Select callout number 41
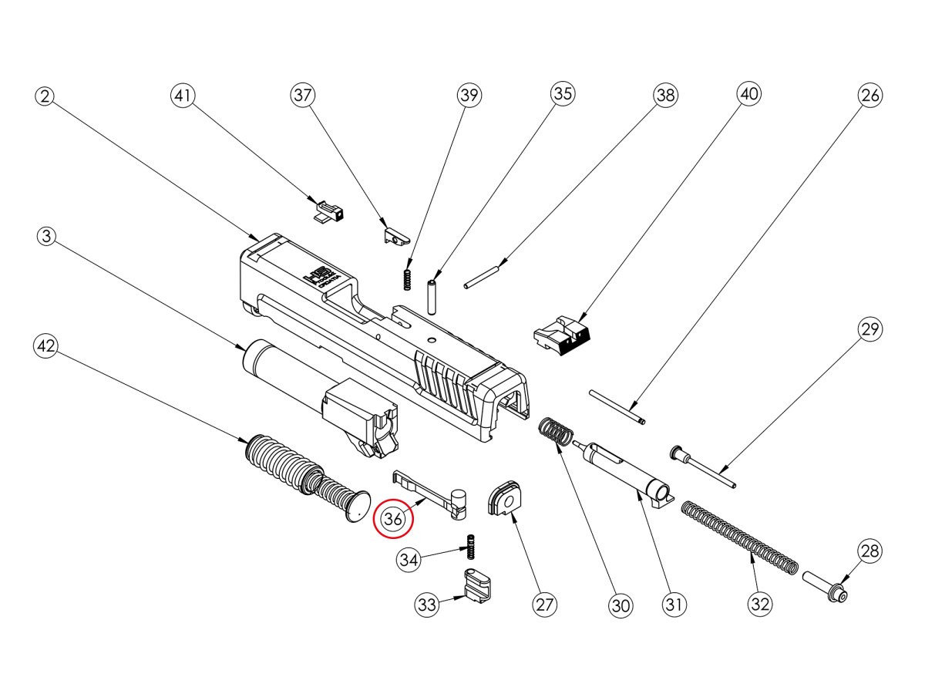coord(183,96)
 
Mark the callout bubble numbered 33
coord(428,605)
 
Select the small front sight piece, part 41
coord(330,211)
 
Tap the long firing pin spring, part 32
coord(738,543)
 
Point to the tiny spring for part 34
coord(469,547)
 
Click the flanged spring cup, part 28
coord(826,588)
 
